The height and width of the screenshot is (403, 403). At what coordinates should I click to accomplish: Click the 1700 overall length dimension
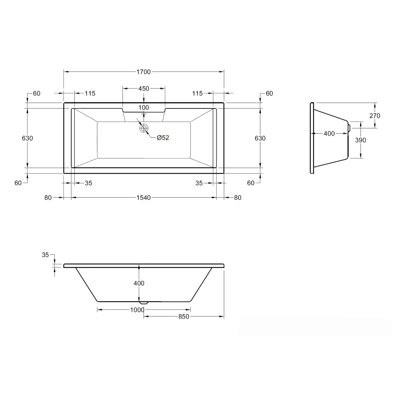tap(143, 72)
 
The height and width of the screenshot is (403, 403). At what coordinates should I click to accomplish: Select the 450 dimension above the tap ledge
tap(143, 89)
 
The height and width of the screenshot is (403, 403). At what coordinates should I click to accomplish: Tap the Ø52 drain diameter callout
tap(163, 138)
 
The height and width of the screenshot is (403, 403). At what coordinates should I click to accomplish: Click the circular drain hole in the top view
tap(144, 128)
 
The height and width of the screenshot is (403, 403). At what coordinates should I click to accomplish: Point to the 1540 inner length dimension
tap(143, 198)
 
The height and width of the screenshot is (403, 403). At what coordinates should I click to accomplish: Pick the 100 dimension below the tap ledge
tap(143, 108)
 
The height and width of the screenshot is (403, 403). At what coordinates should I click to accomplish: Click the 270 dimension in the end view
tap(374, 116)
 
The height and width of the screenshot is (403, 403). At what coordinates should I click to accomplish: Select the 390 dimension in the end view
tap(360, 140)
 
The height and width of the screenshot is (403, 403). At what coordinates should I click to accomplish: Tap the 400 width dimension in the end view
tap(329, 134)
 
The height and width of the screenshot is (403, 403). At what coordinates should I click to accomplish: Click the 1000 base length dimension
tap(137, 310)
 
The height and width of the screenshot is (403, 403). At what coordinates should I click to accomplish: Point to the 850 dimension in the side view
tap(184, 316)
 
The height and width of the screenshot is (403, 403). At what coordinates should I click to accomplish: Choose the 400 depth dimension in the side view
tap(139, 283)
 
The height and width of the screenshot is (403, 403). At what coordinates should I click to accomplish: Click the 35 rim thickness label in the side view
tap(45, 255)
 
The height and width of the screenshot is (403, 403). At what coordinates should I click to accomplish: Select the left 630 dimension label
tap(27, 138)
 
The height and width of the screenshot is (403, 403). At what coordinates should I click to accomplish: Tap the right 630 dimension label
tap(260, 138)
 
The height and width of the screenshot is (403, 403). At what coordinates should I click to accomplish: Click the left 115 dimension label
tap(90, 94)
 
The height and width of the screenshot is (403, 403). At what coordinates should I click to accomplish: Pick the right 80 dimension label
tap(237, 198)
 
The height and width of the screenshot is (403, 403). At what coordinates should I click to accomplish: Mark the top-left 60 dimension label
tap(36, 94)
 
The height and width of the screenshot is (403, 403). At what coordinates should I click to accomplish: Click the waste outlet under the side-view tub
tap(144, 302)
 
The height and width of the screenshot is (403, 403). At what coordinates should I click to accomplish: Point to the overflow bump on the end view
tap(349, 128)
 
